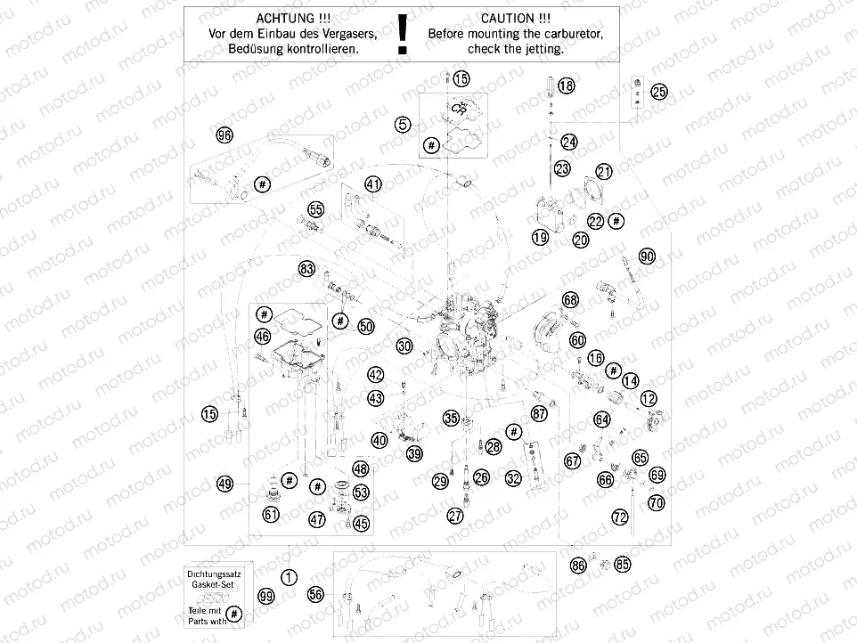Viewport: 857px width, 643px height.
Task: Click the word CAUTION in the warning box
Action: point(507,17)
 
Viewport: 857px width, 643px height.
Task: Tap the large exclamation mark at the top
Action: point(404,32)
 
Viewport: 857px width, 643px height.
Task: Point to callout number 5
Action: point(404,126)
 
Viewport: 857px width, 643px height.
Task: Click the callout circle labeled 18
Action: point(567,86)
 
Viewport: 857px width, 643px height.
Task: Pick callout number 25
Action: point(658,91)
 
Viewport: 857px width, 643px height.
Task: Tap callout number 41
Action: point(372,184)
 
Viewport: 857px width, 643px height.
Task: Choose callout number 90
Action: point(647,256)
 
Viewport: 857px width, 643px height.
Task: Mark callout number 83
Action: point(306,268)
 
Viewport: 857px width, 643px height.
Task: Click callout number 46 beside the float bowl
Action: point(262,336)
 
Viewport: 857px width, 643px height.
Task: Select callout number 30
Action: point(404,345)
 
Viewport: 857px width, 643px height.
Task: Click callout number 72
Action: point(620,517)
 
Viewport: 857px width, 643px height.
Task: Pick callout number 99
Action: point(265,596)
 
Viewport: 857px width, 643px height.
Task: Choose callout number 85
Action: point(622,564)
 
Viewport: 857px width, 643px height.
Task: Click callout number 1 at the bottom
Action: point(288,576)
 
